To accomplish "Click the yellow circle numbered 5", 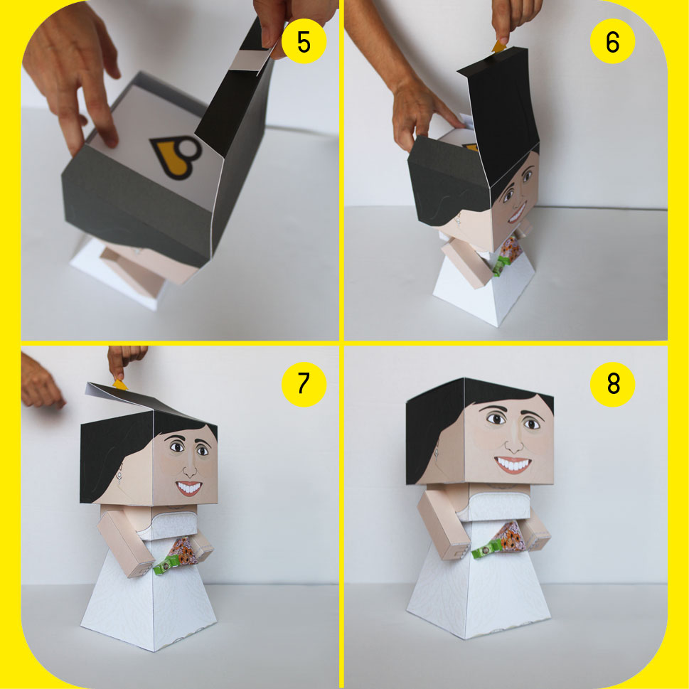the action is [304, 41].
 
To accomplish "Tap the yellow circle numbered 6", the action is [612, 41].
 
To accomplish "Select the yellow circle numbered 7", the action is [304, 384].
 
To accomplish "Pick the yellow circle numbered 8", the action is [612, 384].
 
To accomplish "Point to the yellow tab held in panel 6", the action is [499, 47].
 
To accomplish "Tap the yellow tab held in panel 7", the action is [119, 385].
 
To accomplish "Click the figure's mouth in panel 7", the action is [189, 488].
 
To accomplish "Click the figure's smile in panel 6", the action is [518, 213].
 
